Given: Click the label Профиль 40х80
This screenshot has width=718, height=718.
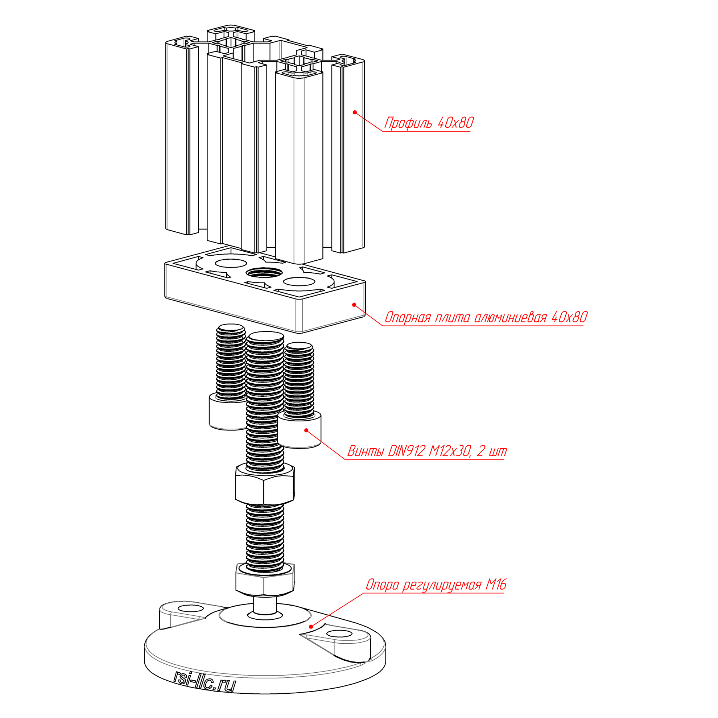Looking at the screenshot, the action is tap(429, 123).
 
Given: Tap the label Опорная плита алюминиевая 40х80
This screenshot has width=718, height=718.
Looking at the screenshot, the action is tap(486, 317).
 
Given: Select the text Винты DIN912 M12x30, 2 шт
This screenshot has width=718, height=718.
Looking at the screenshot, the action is tap(427, 451).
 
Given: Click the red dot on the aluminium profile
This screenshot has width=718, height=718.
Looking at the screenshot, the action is tap(355, 112).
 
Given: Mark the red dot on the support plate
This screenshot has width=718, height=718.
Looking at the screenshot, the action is tap(354, 305).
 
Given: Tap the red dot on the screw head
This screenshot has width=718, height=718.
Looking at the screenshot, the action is tap(306, 430).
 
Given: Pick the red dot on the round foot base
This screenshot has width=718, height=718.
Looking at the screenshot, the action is tap(311, 627).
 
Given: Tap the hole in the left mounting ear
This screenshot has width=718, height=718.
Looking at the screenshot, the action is tap(191, 608).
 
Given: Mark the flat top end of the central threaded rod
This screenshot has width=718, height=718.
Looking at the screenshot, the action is tap(265, 338).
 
